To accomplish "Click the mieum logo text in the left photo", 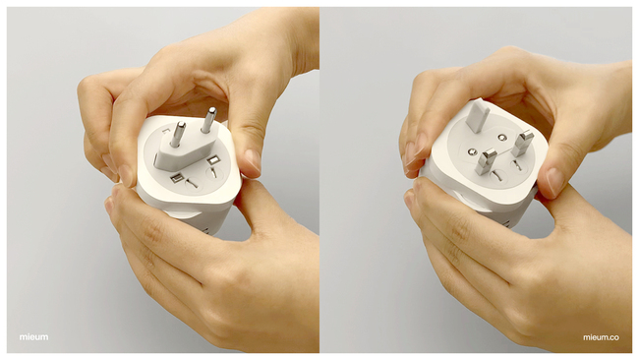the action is click(33, 337).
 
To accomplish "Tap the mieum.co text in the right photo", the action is click(601, 337).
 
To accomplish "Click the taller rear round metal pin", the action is click(208, 120).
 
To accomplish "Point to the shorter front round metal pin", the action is click(178, 134).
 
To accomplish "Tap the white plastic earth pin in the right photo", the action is click(478, 117).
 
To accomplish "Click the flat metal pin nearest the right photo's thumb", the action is click(522, 143).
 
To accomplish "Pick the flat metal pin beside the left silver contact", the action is click(487, 161).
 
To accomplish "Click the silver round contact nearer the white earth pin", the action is click(502, 138).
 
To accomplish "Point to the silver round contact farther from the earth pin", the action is click(473, 152).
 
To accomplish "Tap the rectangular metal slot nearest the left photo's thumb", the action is click(213, 160).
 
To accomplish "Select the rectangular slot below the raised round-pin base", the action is click(177, 178).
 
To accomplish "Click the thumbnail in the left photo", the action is click(253, 160).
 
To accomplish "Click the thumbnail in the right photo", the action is click(555, 181).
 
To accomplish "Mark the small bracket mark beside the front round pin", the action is click(166, 130).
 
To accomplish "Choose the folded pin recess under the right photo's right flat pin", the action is click(517, 165).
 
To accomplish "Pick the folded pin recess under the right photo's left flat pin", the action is click(495, 176).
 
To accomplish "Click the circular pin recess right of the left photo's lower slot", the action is click(193, 185).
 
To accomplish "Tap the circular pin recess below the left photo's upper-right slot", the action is click(214, 174).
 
